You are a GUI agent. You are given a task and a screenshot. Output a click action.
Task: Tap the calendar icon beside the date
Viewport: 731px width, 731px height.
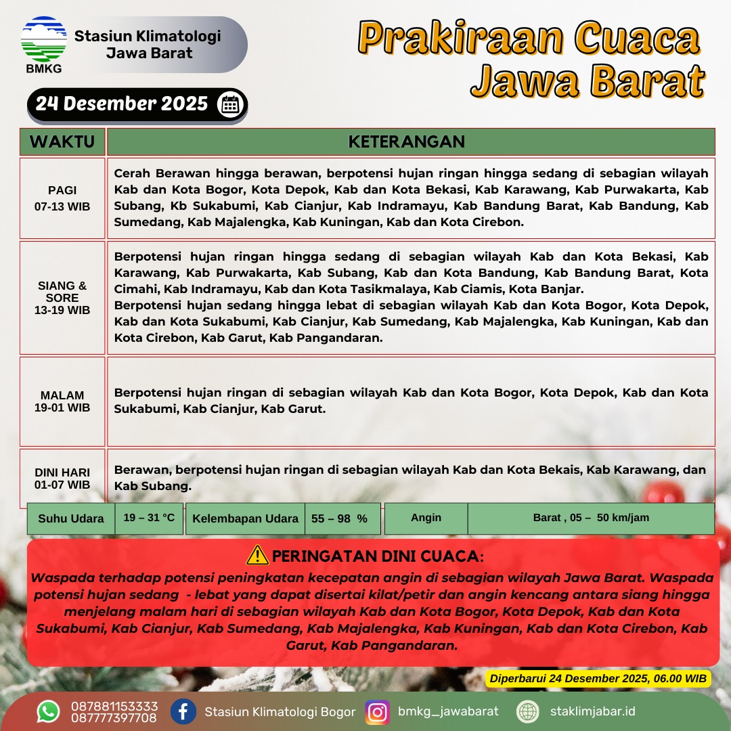click(230, 104)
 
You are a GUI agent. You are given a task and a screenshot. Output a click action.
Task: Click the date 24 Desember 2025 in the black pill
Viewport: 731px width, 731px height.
click(122, 104)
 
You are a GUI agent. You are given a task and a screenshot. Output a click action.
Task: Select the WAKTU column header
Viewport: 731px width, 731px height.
click(62, 142)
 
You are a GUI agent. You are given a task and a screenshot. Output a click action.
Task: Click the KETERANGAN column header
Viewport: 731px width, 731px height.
click(406, 142)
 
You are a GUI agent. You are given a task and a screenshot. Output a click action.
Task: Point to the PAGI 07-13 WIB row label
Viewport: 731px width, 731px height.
click(62, 198)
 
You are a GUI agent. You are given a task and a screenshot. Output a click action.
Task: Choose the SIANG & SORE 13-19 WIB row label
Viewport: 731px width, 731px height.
click(62, 298)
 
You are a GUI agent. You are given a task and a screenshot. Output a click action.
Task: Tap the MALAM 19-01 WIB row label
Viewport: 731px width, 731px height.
click(62, 401)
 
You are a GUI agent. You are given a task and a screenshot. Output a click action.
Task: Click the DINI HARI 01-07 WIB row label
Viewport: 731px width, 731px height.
click(62, 479)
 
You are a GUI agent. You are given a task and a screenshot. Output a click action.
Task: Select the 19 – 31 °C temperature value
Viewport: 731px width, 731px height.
click(149, 518)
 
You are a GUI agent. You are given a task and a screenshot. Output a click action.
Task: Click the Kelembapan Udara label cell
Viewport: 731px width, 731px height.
click(245, 518)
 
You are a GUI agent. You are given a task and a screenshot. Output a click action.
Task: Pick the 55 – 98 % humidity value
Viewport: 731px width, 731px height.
click(339, 518)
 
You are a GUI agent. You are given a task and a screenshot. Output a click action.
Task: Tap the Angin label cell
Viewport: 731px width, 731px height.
click(426, 518)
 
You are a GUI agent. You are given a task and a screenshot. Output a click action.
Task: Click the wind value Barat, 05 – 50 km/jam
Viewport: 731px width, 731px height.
click(590, 518)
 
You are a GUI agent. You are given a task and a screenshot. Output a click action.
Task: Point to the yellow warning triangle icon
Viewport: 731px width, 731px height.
click(258, 556)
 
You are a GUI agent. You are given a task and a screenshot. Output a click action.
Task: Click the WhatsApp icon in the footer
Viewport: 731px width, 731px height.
click(48, 712)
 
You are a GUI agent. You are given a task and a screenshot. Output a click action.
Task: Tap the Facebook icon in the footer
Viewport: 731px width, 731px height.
click(183, 712)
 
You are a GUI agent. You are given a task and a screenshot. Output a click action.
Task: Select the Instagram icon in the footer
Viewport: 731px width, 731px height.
click(377, 712)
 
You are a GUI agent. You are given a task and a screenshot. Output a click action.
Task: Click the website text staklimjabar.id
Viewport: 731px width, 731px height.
click(593, 711)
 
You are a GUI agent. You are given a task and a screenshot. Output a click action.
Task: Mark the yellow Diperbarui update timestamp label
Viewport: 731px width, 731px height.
click(598, 678)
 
